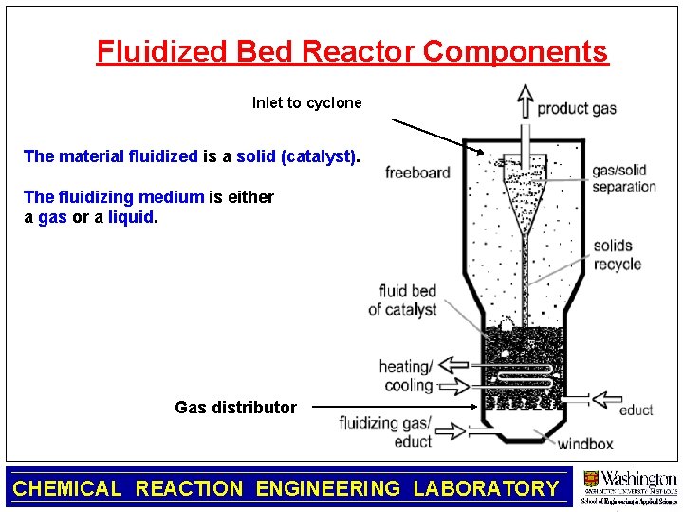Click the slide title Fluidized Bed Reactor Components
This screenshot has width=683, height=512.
click(x=352, y=51)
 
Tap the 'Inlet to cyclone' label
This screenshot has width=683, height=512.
click(x=306, y=102)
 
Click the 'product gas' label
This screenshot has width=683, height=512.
click(x=577, y=108)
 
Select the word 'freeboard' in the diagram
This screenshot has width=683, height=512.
click(x=417, y=173)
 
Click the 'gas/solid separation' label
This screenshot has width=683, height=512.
click(x=624, y=178)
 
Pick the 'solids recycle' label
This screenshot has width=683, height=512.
click(x=618, y=255)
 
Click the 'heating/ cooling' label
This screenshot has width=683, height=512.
click(x=406, y=375)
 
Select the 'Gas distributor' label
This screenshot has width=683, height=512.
click(x=235, y=408)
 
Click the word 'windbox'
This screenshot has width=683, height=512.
click(x=585, y=443)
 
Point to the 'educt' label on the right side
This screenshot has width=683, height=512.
click(x=636, y=410)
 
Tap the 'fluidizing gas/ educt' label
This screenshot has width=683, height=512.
click(x=385, y=431)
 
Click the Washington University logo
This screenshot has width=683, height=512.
click(x=629, y=487)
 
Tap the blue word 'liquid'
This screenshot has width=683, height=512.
click(x=130, y=217)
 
